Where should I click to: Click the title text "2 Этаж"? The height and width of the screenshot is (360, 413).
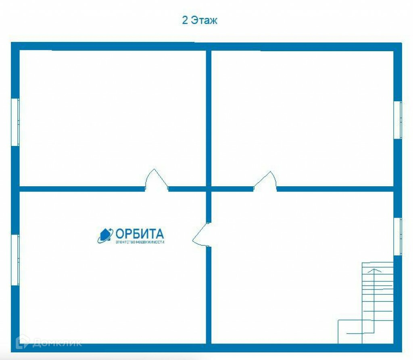tap(200, 20)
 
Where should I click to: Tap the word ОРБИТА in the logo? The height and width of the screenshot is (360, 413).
tap(140, 233)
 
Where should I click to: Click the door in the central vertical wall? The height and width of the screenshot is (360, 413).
tap(201, 234)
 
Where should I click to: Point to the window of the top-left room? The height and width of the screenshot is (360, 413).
tap(15, 122)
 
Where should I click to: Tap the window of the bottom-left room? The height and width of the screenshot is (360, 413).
tap(15, 260)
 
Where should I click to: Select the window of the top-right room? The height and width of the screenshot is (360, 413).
tap(398, 120)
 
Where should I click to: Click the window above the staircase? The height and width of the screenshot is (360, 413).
tap(398, 236)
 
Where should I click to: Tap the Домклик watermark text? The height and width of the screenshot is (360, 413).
tap(56, 343)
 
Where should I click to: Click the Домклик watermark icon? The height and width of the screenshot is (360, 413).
tap(22, 342)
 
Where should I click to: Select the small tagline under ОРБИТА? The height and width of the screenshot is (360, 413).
tap(140, 242)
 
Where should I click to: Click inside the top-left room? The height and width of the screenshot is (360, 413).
tap(113, 117)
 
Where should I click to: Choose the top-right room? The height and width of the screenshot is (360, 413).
tap(302, 117)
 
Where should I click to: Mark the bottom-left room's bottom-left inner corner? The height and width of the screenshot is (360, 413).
tap(21, 343)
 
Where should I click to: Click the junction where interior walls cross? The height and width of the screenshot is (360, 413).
tap(209, 189)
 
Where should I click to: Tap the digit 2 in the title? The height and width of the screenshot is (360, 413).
tap(185, 20)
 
